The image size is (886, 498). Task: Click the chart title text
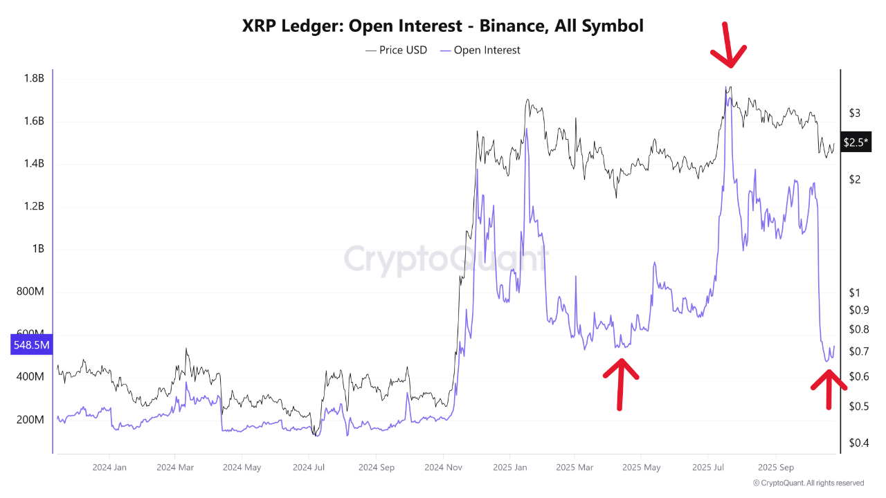pyautogui.click(x=443, y=26)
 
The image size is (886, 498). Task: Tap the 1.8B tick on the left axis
pyautogui.click(x=33, y=79)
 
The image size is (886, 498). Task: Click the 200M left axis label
pyautogui.click(x=32, y=420)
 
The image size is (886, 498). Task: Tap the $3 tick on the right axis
pyautogui.click(x=855, y=113)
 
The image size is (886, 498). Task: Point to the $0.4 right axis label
pyautogui.click(x=858, y=443)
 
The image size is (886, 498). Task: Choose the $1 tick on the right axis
pyautogui.click(x=855, y=293)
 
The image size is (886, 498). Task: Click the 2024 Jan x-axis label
pyautogui.click(x=109, y=467)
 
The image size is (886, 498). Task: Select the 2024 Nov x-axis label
pyautogui.click(x=444, y=467)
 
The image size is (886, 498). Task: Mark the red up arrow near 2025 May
pyautogui.click(x=620, y=382)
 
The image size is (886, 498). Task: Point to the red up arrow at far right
pyautogui.click(x=829, y=389)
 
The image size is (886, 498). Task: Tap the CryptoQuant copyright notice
pyautogui.click(x=808, y=483)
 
